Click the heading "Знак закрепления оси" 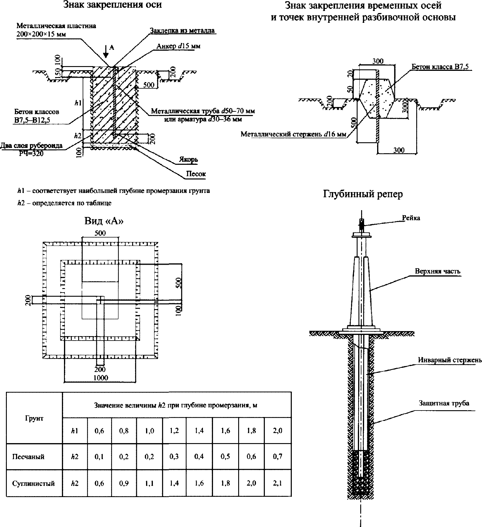click(x=113, y=5)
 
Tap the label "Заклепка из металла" click(x=182, y=31)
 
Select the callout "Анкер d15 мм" click(x=175, y=47)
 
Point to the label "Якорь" click(x=188, y=160)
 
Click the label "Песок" click(x=196, y=174)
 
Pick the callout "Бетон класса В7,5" click(x=440, y=67)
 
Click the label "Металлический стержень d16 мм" click(x=293, y=134)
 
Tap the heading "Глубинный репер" click(x=363, y=194)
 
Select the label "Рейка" click(x=411, y=218)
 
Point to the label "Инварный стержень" click(x=450, y=360)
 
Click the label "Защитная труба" click(x=444, y=403)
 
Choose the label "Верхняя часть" click(x=438, y=271)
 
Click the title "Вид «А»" click(x=104, y=221)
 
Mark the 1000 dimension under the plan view click(x=100, y=378)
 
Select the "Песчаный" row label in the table click(x=28, y=457)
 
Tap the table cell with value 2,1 click(x=278, y=483)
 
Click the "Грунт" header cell click(x=34, y=418)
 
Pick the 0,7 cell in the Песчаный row click(x=278, y=457)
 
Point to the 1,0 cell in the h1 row click(x=149, y=431)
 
